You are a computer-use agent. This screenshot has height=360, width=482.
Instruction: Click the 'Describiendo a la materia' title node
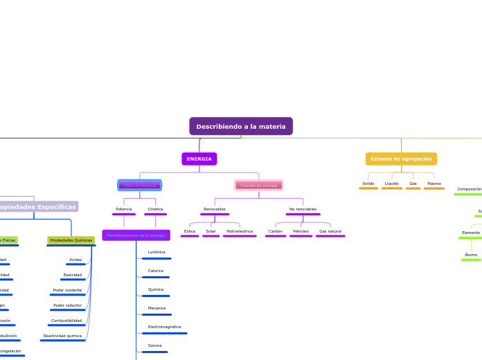coord(241,126)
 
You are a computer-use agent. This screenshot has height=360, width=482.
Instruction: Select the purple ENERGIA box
coord(199,159)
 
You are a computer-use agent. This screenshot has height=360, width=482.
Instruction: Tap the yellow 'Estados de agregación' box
coord(401,159)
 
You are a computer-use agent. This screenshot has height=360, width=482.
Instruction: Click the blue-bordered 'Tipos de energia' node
coord(140,186)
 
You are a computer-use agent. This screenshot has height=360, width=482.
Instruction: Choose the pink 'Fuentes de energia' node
coord(258,186)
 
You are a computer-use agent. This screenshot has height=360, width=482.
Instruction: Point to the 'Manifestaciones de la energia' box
coord(136,235)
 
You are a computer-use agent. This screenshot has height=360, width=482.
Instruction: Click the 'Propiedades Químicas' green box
coord(71,240)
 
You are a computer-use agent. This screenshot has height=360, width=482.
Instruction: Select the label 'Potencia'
coord(124,209)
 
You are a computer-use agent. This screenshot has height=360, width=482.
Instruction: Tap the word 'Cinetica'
coord(155,209)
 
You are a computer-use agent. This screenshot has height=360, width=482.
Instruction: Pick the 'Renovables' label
coord(215,209)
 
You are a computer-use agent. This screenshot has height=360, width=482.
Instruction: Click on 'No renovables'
coord(303,209)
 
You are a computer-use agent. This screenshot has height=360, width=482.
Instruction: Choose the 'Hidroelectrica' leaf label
coord(240,231)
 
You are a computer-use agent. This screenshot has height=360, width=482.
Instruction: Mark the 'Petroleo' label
coord(301,231)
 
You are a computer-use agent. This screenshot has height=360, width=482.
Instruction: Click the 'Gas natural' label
coord(330,231)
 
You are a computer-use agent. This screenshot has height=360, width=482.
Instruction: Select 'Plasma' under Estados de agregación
coord(434,183)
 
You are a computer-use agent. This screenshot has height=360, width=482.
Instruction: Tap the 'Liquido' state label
coord(392,183)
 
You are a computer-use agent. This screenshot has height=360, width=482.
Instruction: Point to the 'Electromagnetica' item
coord(164,327)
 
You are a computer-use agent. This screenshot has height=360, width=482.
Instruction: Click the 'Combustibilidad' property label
coord(66,321)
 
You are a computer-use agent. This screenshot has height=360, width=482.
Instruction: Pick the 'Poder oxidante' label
coord(67,290)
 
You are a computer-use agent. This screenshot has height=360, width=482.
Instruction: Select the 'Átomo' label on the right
coord(471,255)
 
